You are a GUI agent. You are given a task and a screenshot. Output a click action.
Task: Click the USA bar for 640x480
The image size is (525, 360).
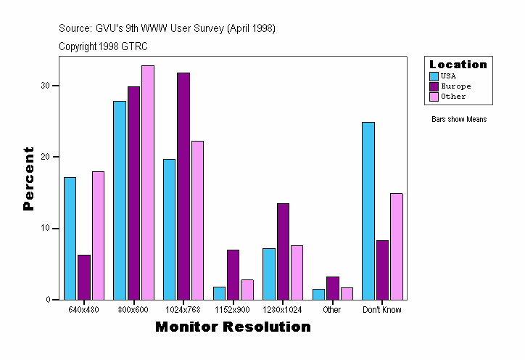(70, 238)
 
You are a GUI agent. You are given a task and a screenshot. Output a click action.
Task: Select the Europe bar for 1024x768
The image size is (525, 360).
(183, 186)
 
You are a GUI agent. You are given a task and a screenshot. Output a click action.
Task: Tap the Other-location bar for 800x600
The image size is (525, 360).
(148, 182)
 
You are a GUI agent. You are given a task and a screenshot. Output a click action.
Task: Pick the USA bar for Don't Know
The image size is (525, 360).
(368, 210)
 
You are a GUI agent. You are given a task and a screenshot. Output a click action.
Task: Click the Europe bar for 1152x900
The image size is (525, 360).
(233, 274)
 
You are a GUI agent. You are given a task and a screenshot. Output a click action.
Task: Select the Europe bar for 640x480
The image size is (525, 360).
(84, 277)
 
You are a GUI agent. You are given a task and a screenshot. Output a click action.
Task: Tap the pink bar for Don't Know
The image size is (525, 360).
(396, 246)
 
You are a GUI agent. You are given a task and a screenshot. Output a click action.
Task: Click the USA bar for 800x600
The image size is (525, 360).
(120, 200)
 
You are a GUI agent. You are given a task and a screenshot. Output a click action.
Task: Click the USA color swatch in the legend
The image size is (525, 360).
(434, 76)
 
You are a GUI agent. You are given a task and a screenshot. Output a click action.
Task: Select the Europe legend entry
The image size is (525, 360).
(455, 86)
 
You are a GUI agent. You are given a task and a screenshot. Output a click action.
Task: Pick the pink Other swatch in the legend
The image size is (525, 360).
(434, 97)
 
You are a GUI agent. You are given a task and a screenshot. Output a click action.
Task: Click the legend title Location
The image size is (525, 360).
(458, 65)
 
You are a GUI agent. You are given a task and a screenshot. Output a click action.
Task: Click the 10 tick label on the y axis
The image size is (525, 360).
(46, 229)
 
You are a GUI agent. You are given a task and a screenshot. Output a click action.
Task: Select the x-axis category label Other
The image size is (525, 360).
(332, 310)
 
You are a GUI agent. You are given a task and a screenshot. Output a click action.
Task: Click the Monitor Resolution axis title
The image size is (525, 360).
(233, 327)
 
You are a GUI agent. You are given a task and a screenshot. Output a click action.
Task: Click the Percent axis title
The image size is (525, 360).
(29, 179)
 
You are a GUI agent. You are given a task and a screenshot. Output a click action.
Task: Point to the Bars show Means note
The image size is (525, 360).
(459, 120)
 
